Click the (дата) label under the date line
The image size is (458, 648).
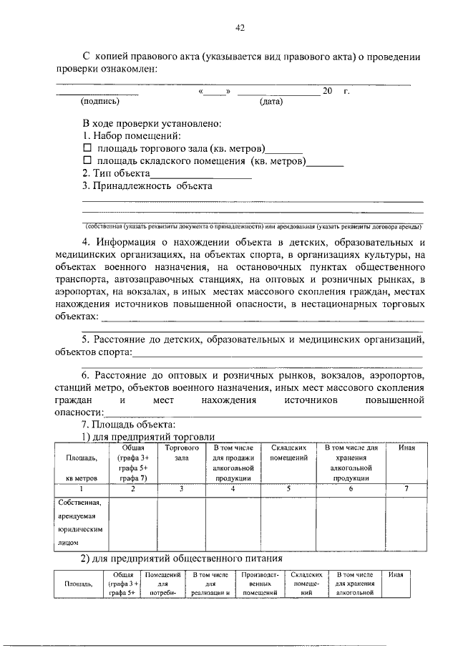click(271, 102)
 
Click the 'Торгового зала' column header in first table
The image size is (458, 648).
click(181, 452)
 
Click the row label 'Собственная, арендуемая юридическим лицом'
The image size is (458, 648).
click(81, 523)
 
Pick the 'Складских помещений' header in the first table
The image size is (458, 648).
click(289, 452)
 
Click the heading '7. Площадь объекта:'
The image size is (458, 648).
click(124, 425)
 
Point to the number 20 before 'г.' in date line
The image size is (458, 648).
click(328, 91)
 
